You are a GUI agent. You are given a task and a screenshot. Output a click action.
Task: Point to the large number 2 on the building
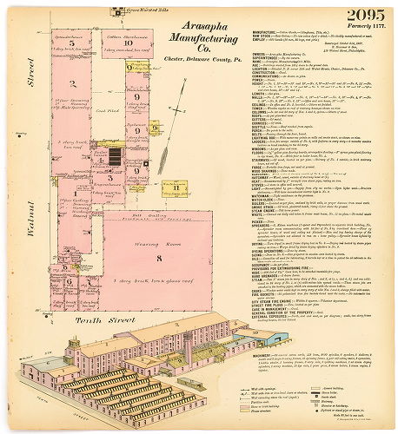[x=76, y=108]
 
